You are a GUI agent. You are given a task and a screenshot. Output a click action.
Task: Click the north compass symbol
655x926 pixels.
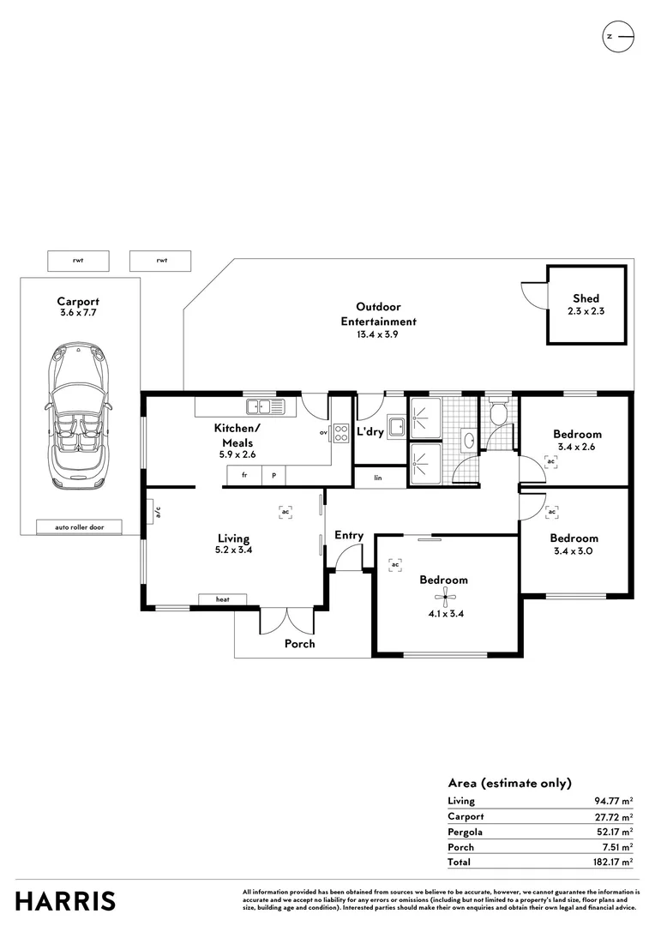[x=619, y=36]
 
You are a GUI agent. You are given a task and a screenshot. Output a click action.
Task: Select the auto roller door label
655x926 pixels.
[x=79, y=527]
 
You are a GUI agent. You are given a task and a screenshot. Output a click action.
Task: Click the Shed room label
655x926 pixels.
[x=586, y=298]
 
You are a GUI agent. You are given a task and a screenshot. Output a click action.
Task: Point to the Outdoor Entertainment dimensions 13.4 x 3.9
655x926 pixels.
[x=378, y=335]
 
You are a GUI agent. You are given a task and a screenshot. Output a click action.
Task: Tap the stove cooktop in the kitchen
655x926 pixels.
[x=340, y=433]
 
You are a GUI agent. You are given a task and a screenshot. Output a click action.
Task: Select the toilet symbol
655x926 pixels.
[x=496, y=414]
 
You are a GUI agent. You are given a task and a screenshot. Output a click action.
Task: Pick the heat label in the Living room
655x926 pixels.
[x=222, y=599]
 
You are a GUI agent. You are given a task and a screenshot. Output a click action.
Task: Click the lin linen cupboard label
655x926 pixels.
[x=377, y=478]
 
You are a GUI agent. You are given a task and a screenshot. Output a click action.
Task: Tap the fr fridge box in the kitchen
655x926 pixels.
[x=244, y=475]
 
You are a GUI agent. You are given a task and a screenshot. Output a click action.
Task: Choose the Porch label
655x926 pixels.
[x=299, y=644]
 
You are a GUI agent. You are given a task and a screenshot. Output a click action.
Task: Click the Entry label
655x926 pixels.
[x=349, y=535]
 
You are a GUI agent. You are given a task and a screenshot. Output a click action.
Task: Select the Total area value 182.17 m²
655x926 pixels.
[x=614, y=862]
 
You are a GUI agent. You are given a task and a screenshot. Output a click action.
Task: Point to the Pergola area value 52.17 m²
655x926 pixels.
[x=614, y=832]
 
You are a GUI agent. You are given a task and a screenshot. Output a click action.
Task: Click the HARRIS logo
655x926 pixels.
[x=65, y=901]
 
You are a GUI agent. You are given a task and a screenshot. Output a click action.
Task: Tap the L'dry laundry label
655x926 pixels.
[x=370, y=432]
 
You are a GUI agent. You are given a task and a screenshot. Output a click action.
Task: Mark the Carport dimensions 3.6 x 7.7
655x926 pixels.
[x=78, y=314]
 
